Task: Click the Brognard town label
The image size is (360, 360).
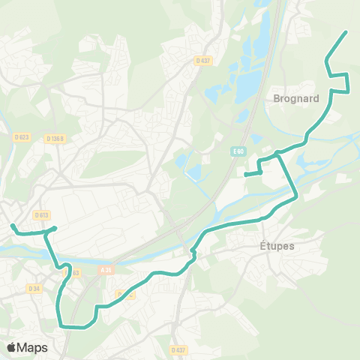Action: [297, 98]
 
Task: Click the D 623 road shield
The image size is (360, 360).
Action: [21, 136]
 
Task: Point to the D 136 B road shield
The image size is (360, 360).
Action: [55, 138]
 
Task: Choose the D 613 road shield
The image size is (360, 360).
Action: [40, 214]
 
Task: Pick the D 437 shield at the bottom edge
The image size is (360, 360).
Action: [178, 349]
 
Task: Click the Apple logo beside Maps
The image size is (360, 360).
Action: [12, 347]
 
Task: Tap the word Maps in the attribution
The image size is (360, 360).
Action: [33, 347]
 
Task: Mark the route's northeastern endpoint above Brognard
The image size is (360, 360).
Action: [346, 32]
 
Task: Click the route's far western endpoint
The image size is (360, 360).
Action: [12, 224]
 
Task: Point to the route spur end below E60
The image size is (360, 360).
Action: [246, 174]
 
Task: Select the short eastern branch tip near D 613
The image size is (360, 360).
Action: [56, 229]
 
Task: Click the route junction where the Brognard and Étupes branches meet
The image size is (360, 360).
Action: [277, 153]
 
